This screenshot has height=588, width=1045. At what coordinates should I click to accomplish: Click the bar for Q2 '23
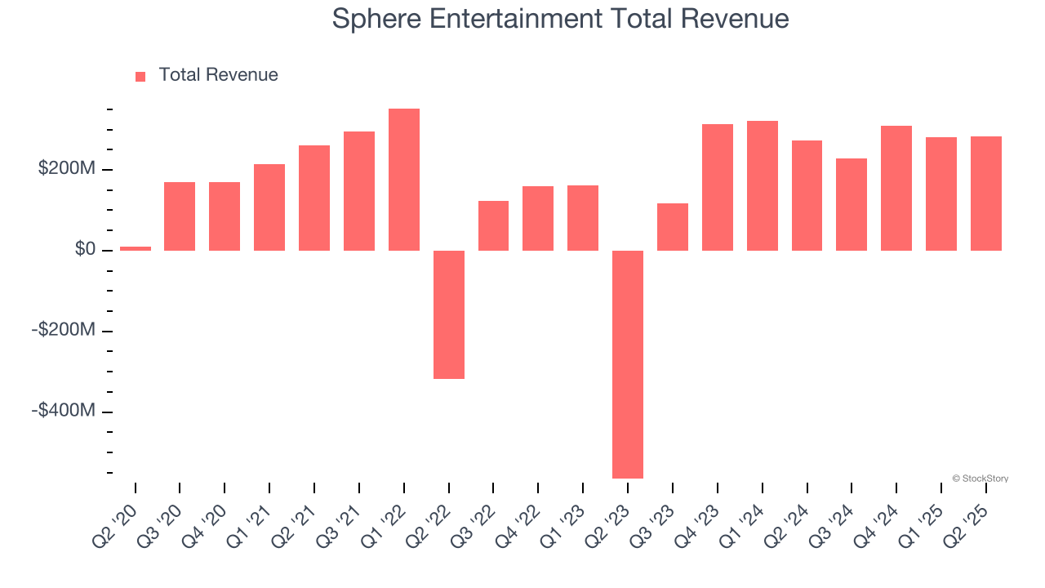point(628,363)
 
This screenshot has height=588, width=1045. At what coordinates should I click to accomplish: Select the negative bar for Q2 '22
point(449,314)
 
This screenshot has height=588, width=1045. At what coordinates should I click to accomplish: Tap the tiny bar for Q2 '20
point(136,248)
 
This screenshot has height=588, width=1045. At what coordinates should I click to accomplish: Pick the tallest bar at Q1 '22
point(404,180)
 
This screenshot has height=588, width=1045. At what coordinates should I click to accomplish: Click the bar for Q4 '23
point(718,187)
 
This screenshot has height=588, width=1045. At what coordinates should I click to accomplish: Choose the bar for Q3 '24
point(852,204)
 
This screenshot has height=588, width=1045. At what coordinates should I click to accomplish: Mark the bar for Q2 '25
point(986,193)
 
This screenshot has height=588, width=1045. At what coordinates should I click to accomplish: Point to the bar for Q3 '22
point(493,225)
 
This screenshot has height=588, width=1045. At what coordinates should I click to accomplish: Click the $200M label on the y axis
point(67,169)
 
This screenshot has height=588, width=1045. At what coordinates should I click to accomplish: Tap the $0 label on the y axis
point(85,250)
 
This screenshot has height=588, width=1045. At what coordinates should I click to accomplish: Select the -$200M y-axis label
point(64,330)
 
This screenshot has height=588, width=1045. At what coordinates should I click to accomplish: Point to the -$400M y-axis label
point(64,410)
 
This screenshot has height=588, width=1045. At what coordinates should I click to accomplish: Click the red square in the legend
point(140,76)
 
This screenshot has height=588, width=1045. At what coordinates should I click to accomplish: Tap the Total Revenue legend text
point(218,75)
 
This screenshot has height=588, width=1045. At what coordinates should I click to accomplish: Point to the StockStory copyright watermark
point(980,479)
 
